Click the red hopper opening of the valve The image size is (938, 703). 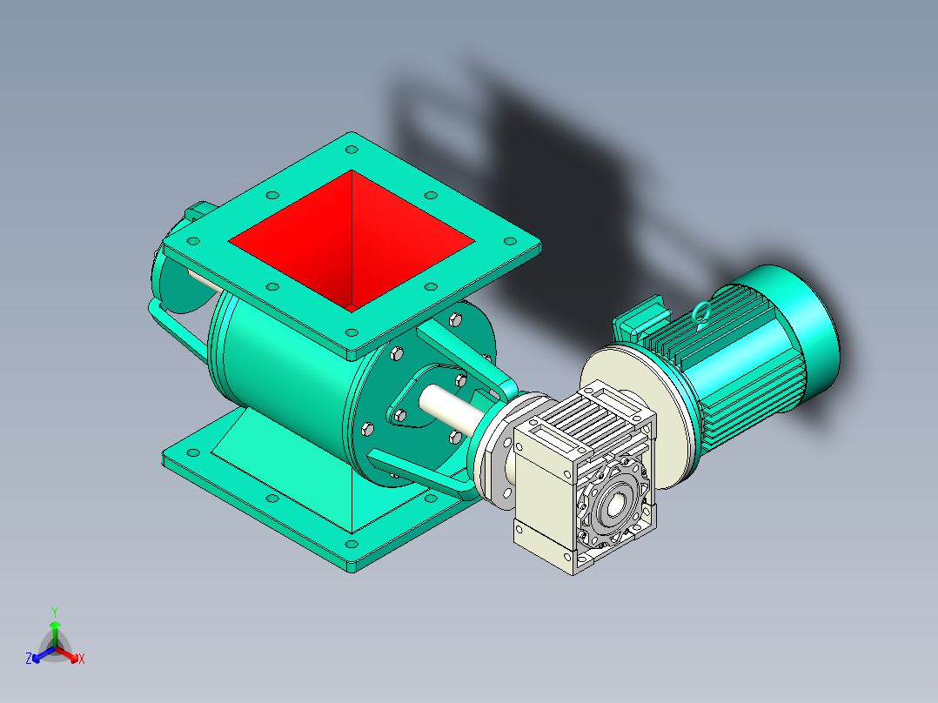pos(348,239)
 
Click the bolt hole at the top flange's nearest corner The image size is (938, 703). pos(351,331)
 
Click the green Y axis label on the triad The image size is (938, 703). pos(54,612)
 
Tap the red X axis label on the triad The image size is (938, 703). pos(81,659)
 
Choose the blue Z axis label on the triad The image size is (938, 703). pos(29,659)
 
